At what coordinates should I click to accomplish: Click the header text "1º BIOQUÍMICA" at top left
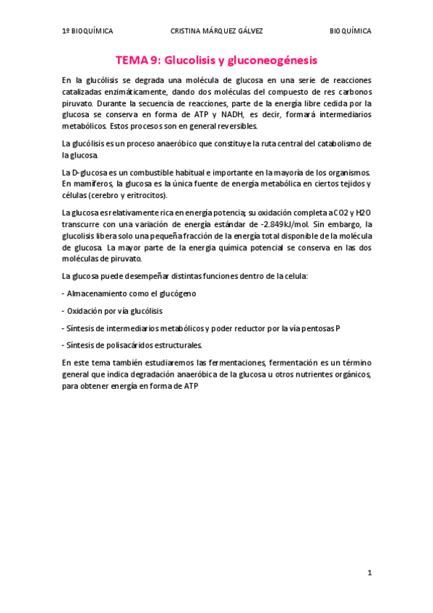pos(87,31)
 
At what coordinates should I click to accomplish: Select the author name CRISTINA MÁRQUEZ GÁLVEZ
pos(216,31)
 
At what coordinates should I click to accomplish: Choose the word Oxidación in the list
pos(85,311)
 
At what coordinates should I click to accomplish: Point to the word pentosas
pos(316,328)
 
